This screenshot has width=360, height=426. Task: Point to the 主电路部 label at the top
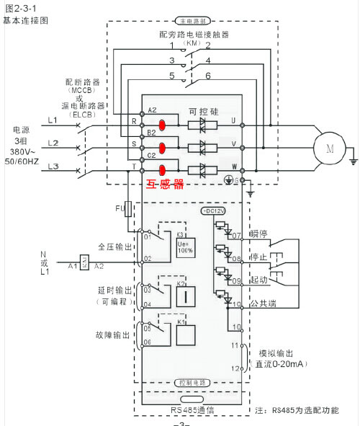191,23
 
